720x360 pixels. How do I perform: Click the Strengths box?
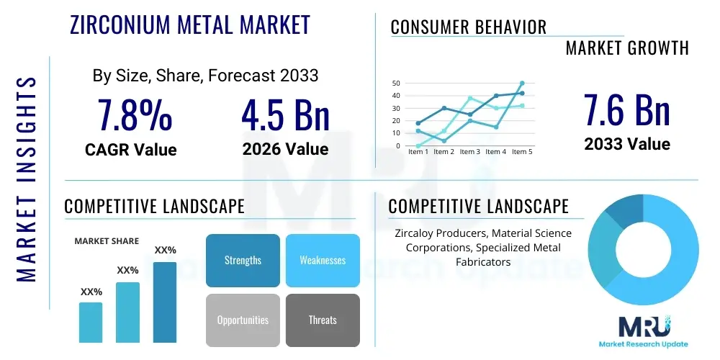tap(243, 260)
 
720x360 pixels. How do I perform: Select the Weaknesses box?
tap(323, 260)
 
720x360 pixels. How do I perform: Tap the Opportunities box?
tap(243, 320)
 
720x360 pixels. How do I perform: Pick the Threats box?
tap(323, 320)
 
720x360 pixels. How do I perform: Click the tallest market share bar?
tap(165, 302)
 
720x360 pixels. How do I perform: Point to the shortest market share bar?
tap(91, 322)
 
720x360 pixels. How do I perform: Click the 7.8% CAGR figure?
tap(135, 115)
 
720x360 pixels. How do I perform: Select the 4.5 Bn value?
tap(285, 115)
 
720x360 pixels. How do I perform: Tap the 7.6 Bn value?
tap(626, 111)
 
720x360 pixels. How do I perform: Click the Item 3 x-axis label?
tap(469, 152)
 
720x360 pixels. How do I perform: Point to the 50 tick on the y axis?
tap(396, 83)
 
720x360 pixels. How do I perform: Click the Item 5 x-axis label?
tap(521, 152)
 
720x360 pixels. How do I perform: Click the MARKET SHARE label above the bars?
tap(107, 241)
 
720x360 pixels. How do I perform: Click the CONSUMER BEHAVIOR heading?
tap(469, 27)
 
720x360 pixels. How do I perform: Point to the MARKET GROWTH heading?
tap(627, 48)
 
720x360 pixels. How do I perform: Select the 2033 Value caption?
tap(627, 144)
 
